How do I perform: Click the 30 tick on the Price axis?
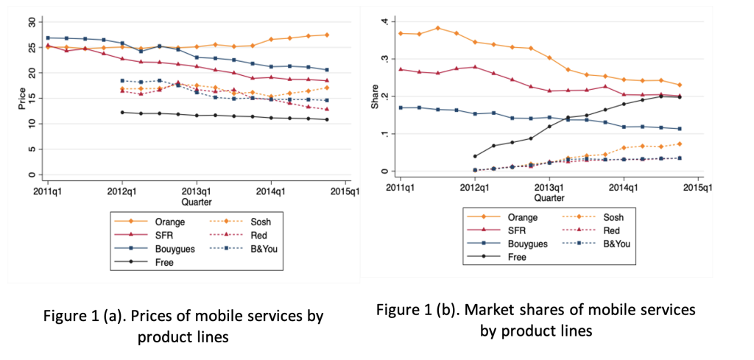[x=31, y=22]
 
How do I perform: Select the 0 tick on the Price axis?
[x=31, y=175]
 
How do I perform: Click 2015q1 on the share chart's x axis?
[x=697, y=187]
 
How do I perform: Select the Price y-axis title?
[x=21, y=99]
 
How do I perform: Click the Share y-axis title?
[x=375, y=101]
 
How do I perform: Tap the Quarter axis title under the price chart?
[x=196, y=200]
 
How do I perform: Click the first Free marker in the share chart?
[x=474, y=156]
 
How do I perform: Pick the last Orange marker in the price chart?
[x=327, y=35]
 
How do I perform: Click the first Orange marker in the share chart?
[x=400, y=33]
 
